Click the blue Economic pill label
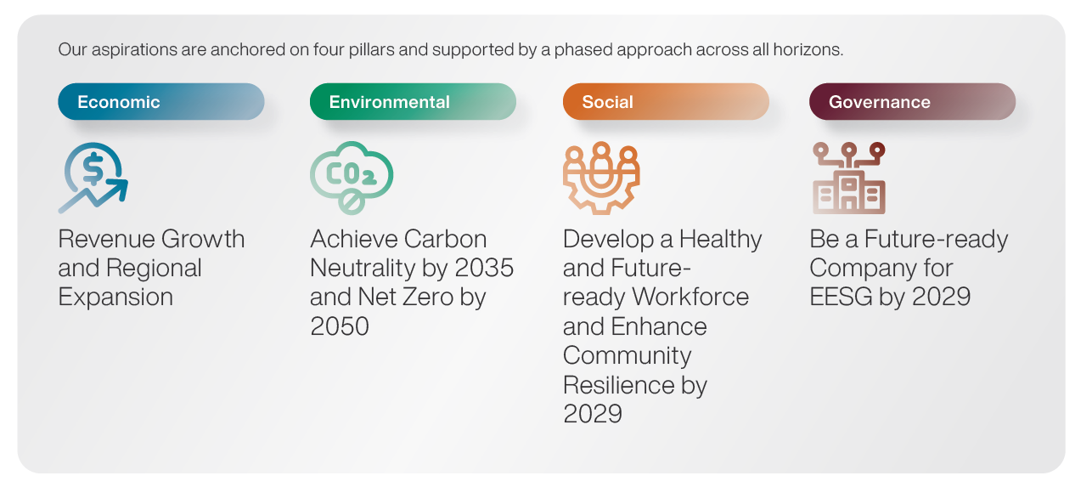point(160,101)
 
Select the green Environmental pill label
point(413,101)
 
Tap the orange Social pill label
point(666,101)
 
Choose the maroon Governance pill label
point(913,101)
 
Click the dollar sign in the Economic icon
point(93,168)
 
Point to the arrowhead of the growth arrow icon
point(119,190)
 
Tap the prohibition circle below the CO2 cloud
point(352,202)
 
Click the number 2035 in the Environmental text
point(484,268)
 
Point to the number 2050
point(340,326)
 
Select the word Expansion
point(115,297)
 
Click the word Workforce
point(690,297)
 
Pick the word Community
point(627,356)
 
